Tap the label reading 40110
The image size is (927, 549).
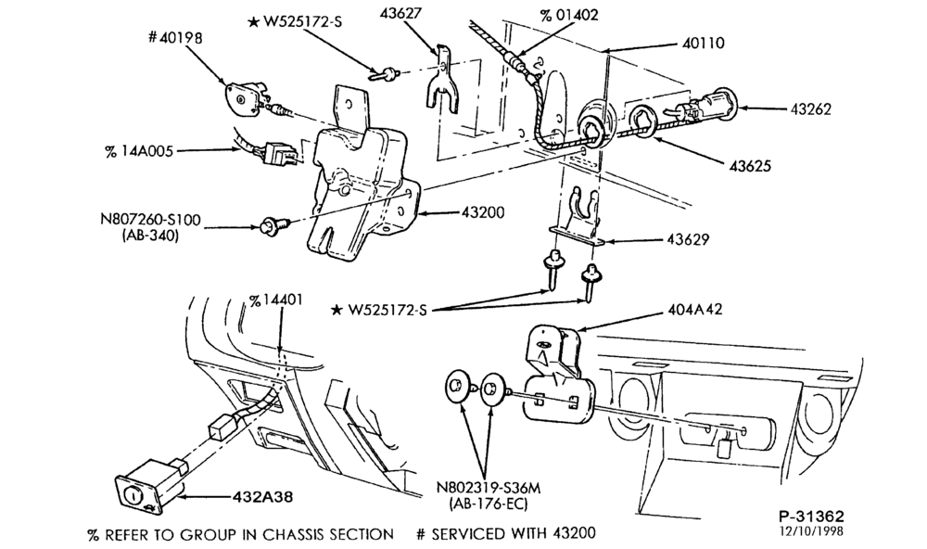(703, 43)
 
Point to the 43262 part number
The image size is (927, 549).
(810, 109)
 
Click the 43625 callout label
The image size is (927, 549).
(750, 166)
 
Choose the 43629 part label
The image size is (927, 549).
(688, 239)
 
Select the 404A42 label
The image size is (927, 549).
(695, 310)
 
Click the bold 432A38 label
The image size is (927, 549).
(262, 497)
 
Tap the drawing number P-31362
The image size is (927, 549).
(810, 517)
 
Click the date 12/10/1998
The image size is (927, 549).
(810, 530)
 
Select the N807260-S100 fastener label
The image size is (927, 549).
(150, 220)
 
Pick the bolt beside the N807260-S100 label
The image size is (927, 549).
(275, 224)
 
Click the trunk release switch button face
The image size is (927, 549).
(133, 492)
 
